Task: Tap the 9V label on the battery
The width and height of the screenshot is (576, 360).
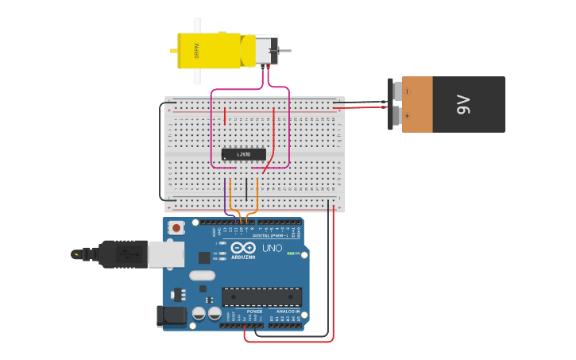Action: (x=463, y=104)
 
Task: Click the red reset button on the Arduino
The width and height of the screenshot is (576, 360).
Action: (x=176, y=228)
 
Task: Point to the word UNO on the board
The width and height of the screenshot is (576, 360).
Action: (x=273, y=248)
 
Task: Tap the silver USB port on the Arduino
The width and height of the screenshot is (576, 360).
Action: (x=166, y=254)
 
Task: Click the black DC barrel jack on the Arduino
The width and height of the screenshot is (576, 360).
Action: (x=171, y=316)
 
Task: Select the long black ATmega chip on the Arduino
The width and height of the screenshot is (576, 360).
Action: (x=261, y=296)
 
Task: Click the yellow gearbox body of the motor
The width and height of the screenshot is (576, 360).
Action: (x=208, y=50)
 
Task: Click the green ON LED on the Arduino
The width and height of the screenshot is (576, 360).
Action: (x=291, y=254)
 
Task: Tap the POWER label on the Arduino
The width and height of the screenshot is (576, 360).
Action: (x=254, y=311)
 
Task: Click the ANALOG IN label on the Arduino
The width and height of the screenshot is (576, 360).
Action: (x=288, y=311)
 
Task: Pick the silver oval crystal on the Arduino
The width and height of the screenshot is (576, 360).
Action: (x=202, y=276)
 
